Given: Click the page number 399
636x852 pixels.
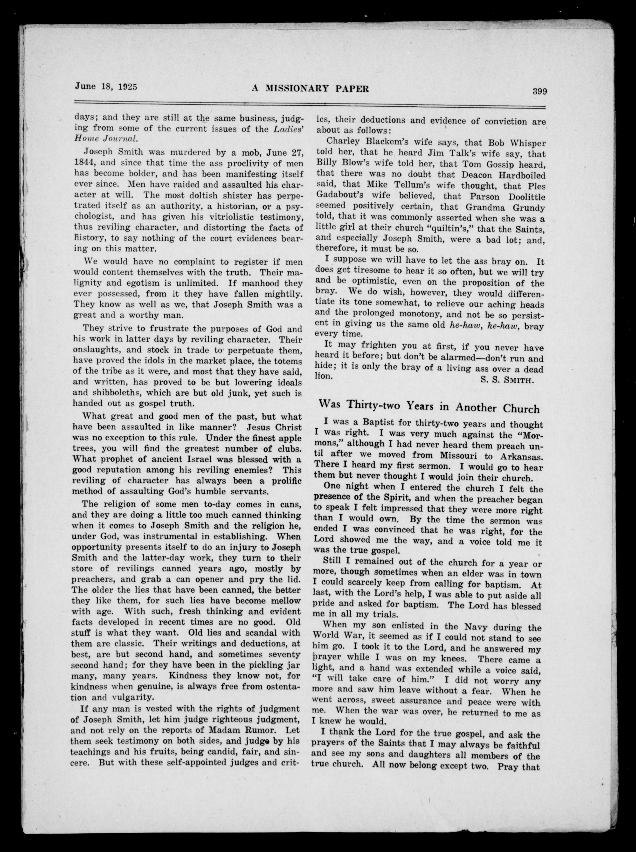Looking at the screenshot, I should pos(540,92).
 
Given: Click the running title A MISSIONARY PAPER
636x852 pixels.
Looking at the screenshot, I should pos(310,89).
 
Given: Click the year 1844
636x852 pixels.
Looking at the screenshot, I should pos(84,163).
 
